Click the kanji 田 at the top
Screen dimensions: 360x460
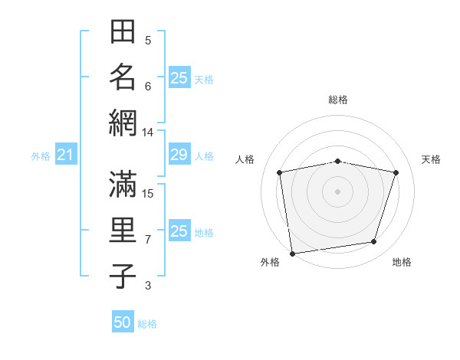[x=123, y=32]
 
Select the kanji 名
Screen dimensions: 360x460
[x=123, y=77]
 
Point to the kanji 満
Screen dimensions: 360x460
[x=123, y=184]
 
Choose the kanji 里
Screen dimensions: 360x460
[x=123, y=230]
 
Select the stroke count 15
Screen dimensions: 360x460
[x=148, y=193]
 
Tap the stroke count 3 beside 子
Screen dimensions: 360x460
[x=148, y=286]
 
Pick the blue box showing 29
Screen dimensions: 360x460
[x=179, y=155]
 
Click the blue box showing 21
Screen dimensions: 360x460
[x=65, y=155]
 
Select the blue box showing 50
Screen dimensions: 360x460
[x=123, y=322]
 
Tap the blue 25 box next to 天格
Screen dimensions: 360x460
[x=179, y=78]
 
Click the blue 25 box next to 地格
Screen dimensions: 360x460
[x=179, y=231]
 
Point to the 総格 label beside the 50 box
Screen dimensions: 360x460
[x=147, y=324]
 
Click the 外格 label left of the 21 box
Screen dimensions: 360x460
[x=41, y=156]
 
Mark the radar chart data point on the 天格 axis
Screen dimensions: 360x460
[x=396, y=172]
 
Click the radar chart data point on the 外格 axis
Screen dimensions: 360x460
[x=292, y=253]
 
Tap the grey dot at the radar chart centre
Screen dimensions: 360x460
[x=337, y=191]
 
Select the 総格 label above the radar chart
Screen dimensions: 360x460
[x=337, y=100]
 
